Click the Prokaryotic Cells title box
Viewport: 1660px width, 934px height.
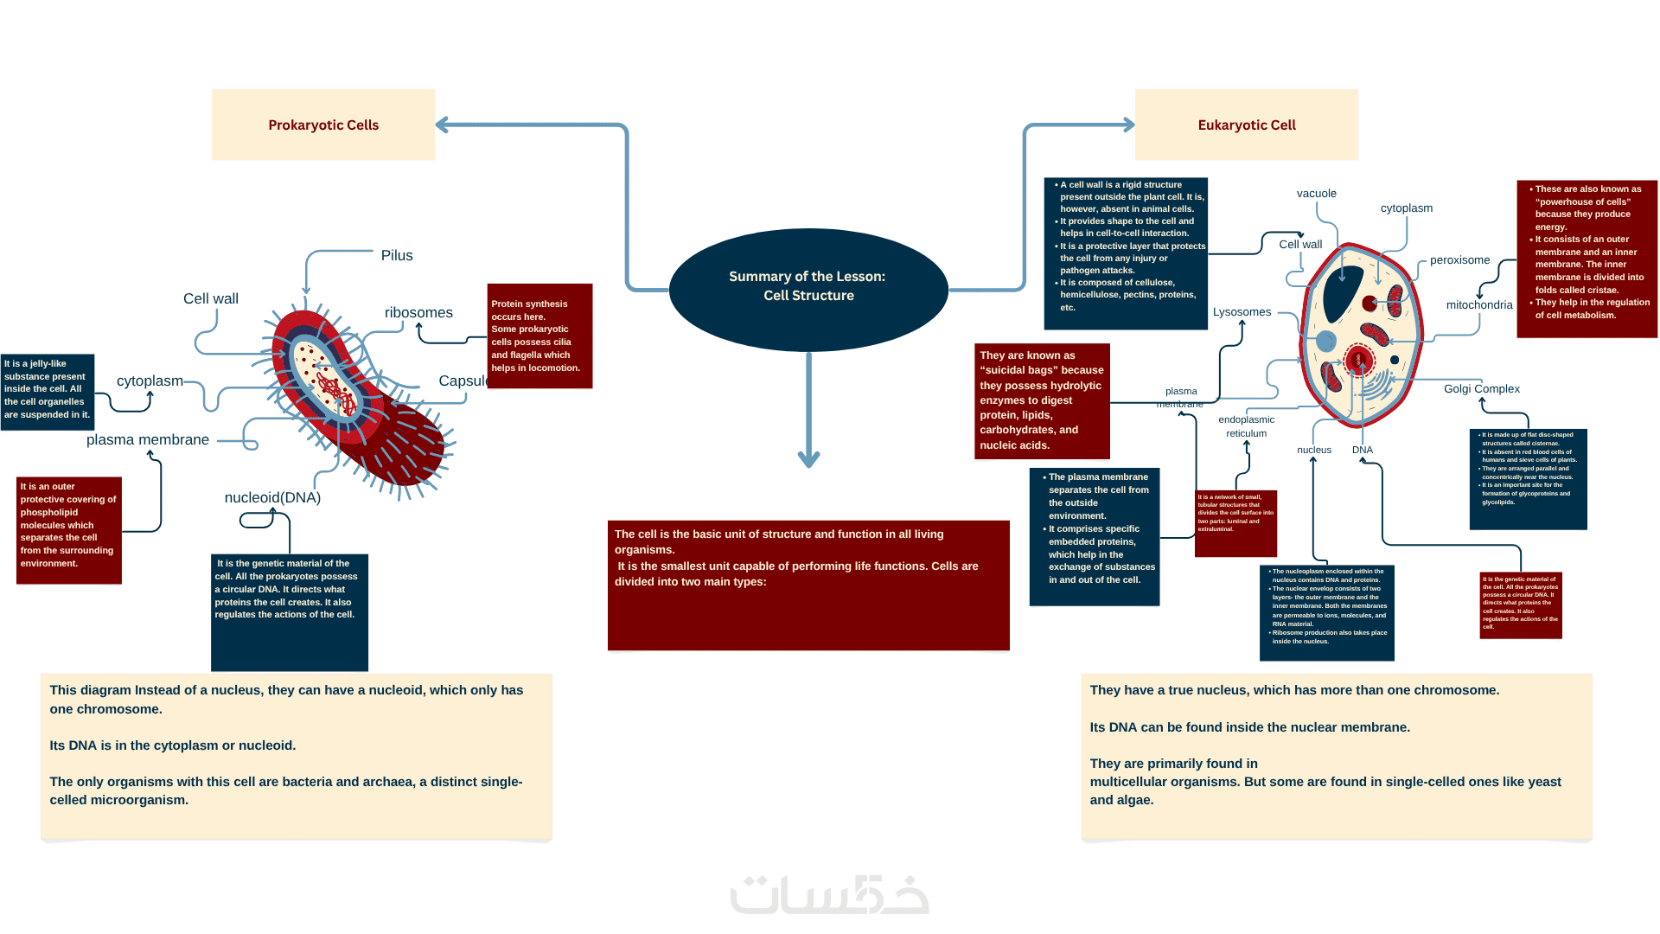[323, 125]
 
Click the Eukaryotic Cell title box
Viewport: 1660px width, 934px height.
[1246, 125]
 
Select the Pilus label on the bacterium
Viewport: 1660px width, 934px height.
[397, 255]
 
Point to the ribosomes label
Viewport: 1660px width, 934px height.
[418, 312]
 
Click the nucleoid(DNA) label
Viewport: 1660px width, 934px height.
[272, 497]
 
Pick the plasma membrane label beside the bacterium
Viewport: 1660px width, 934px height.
[148, 439]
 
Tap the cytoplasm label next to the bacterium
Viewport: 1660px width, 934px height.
[150, 381]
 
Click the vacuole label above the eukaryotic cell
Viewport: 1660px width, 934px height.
[1316, 193]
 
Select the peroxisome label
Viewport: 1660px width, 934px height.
[1459, 259]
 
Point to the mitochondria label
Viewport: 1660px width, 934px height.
[1479, 304]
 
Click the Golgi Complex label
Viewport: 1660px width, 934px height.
[1481, 388]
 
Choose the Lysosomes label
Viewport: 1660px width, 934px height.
[1242, 311]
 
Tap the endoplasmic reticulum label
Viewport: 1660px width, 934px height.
[1246, 426]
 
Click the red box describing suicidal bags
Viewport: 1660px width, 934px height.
[1042, 400]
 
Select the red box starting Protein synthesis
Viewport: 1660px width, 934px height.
[539, 336]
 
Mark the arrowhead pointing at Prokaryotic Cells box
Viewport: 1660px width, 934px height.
[443, 125]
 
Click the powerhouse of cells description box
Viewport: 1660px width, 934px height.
[1587, 258]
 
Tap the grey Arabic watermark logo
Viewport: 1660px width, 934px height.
[830, 895]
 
